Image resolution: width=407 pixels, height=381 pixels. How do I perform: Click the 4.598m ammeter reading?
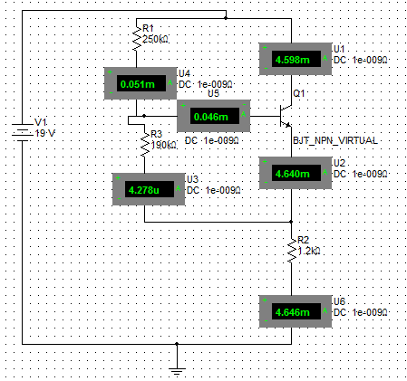[x=292, y=60]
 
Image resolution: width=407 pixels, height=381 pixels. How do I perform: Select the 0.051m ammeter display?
[x=138, y=84]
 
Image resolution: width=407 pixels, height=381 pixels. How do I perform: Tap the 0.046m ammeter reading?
[x=211, y=117]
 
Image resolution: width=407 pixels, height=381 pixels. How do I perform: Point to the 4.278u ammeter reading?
[x=144, y=190]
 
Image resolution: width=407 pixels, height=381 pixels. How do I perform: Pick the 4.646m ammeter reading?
[x=292, y=312]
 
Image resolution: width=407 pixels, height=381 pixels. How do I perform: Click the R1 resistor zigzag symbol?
[x=137, y=39]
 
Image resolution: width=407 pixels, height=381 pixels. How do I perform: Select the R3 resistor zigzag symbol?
[x=145, y=144]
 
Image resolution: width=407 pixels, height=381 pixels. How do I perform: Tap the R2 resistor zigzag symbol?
[x=292, y=251]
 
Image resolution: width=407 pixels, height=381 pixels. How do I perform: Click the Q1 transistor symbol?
[x=286, y=116]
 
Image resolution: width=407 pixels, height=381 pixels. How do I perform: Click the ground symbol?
[x=177, y=372]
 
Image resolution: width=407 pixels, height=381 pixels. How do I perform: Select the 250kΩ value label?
[x=155, y=39]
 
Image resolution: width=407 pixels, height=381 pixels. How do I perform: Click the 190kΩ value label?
[x=163, y=145]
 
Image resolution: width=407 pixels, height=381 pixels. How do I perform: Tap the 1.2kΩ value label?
[x=309, y=251]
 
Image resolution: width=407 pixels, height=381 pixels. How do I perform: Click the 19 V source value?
[x=45, y=133]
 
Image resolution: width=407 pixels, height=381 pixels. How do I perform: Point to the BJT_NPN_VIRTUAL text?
[x=335, y=140]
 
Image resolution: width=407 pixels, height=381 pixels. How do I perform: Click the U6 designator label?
[x=339, y=301]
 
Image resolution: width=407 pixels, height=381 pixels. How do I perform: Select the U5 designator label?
[x=213, y=93]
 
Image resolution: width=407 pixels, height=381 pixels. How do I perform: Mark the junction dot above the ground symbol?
[x=177, y=344]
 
